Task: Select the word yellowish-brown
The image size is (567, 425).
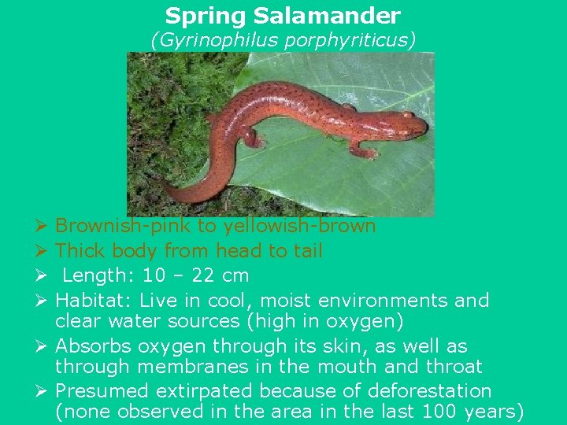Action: tap(300, 227)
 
